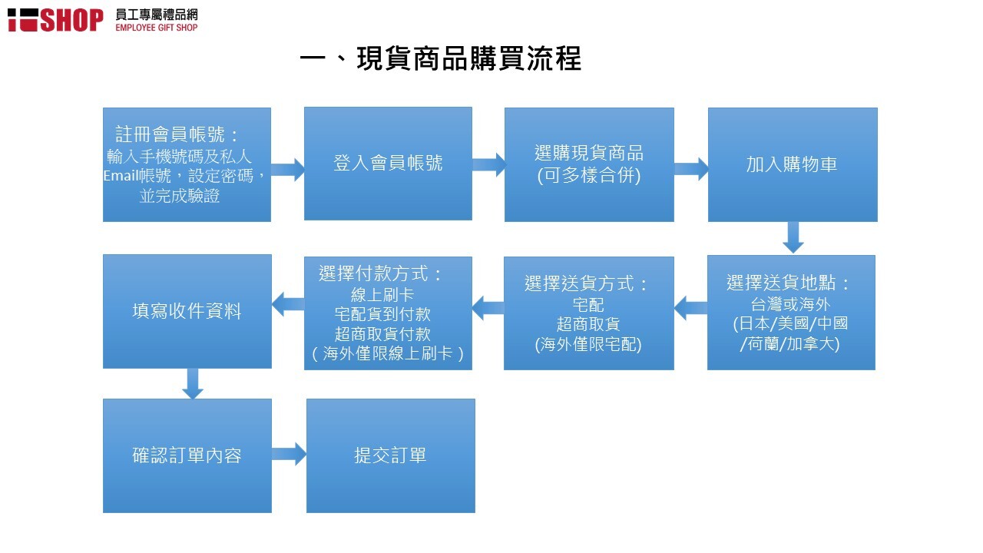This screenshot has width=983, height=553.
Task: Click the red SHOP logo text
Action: [x=72, y=20]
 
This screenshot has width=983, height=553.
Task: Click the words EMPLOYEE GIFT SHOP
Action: [x=157, y=28]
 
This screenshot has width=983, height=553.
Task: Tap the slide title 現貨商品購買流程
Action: [x=469, y=58]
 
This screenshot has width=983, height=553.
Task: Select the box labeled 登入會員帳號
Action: [x=388, y=164]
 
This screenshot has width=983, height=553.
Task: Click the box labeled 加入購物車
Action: [x=793, y=164]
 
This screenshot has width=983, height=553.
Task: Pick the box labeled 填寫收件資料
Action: [x=187, y=311]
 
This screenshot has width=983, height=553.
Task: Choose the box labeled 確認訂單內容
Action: [x=187, y=455]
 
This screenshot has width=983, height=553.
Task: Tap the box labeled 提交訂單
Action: [x=391, y=455]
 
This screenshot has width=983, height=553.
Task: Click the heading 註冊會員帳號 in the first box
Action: [x=170, y=134]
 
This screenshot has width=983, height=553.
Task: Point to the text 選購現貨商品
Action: [x=589, y=153]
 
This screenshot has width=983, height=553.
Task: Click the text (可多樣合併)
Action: [x=589, y=175]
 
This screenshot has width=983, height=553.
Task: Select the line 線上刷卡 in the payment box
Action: [x=382, y=294]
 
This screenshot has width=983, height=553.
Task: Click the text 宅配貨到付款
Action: [x=382, y=314]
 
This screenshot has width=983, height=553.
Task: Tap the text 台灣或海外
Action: [x=790, y=303]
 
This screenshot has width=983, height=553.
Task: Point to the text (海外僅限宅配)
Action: [x=588, y=344]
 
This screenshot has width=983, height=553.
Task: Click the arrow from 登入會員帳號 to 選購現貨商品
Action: [x=489, y=165]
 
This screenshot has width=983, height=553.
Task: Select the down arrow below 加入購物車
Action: [x=793, y=237]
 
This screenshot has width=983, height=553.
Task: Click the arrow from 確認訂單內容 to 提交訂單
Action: [x=289, y=454]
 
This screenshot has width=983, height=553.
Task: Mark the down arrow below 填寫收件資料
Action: [x=193, y=383]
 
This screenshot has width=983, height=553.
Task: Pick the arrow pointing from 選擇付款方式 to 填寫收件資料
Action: [x=288, y=303]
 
